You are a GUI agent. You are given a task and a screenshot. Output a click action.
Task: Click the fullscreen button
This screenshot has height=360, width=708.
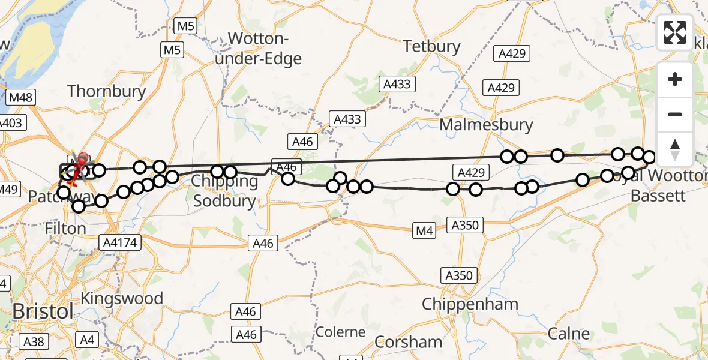[675, 32]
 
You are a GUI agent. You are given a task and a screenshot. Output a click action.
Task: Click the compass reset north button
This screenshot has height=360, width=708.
[675, 149]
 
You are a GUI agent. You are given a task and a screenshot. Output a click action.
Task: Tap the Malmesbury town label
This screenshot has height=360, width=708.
[486, 125]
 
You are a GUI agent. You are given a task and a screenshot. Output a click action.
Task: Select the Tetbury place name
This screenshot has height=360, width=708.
[432, 46]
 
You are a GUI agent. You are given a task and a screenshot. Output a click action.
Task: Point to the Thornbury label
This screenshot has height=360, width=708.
[107, 91]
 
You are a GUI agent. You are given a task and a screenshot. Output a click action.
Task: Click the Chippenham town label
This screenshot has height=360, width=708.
[470, 304]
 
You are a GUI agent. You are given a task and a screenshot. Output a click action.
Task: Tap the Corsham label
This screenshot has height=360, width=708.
[409, 342]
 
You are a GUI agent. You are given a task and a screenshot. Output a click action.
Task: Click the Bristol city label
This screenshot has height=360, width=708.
[43, 311]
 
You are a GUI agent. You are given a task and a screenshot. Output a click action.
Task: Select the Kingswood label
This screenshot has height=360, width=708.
[122, 298]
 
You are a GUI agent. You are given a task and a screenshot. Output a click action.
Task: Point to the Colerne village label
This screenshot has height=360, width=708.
[340, 332]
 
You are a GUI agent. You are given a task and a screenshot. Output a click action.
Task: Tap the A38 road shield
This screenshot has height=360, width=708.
[34, 341]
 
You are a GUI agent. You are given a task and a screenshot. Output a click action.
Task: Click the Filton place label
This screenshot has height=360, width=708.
[66, 229]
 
